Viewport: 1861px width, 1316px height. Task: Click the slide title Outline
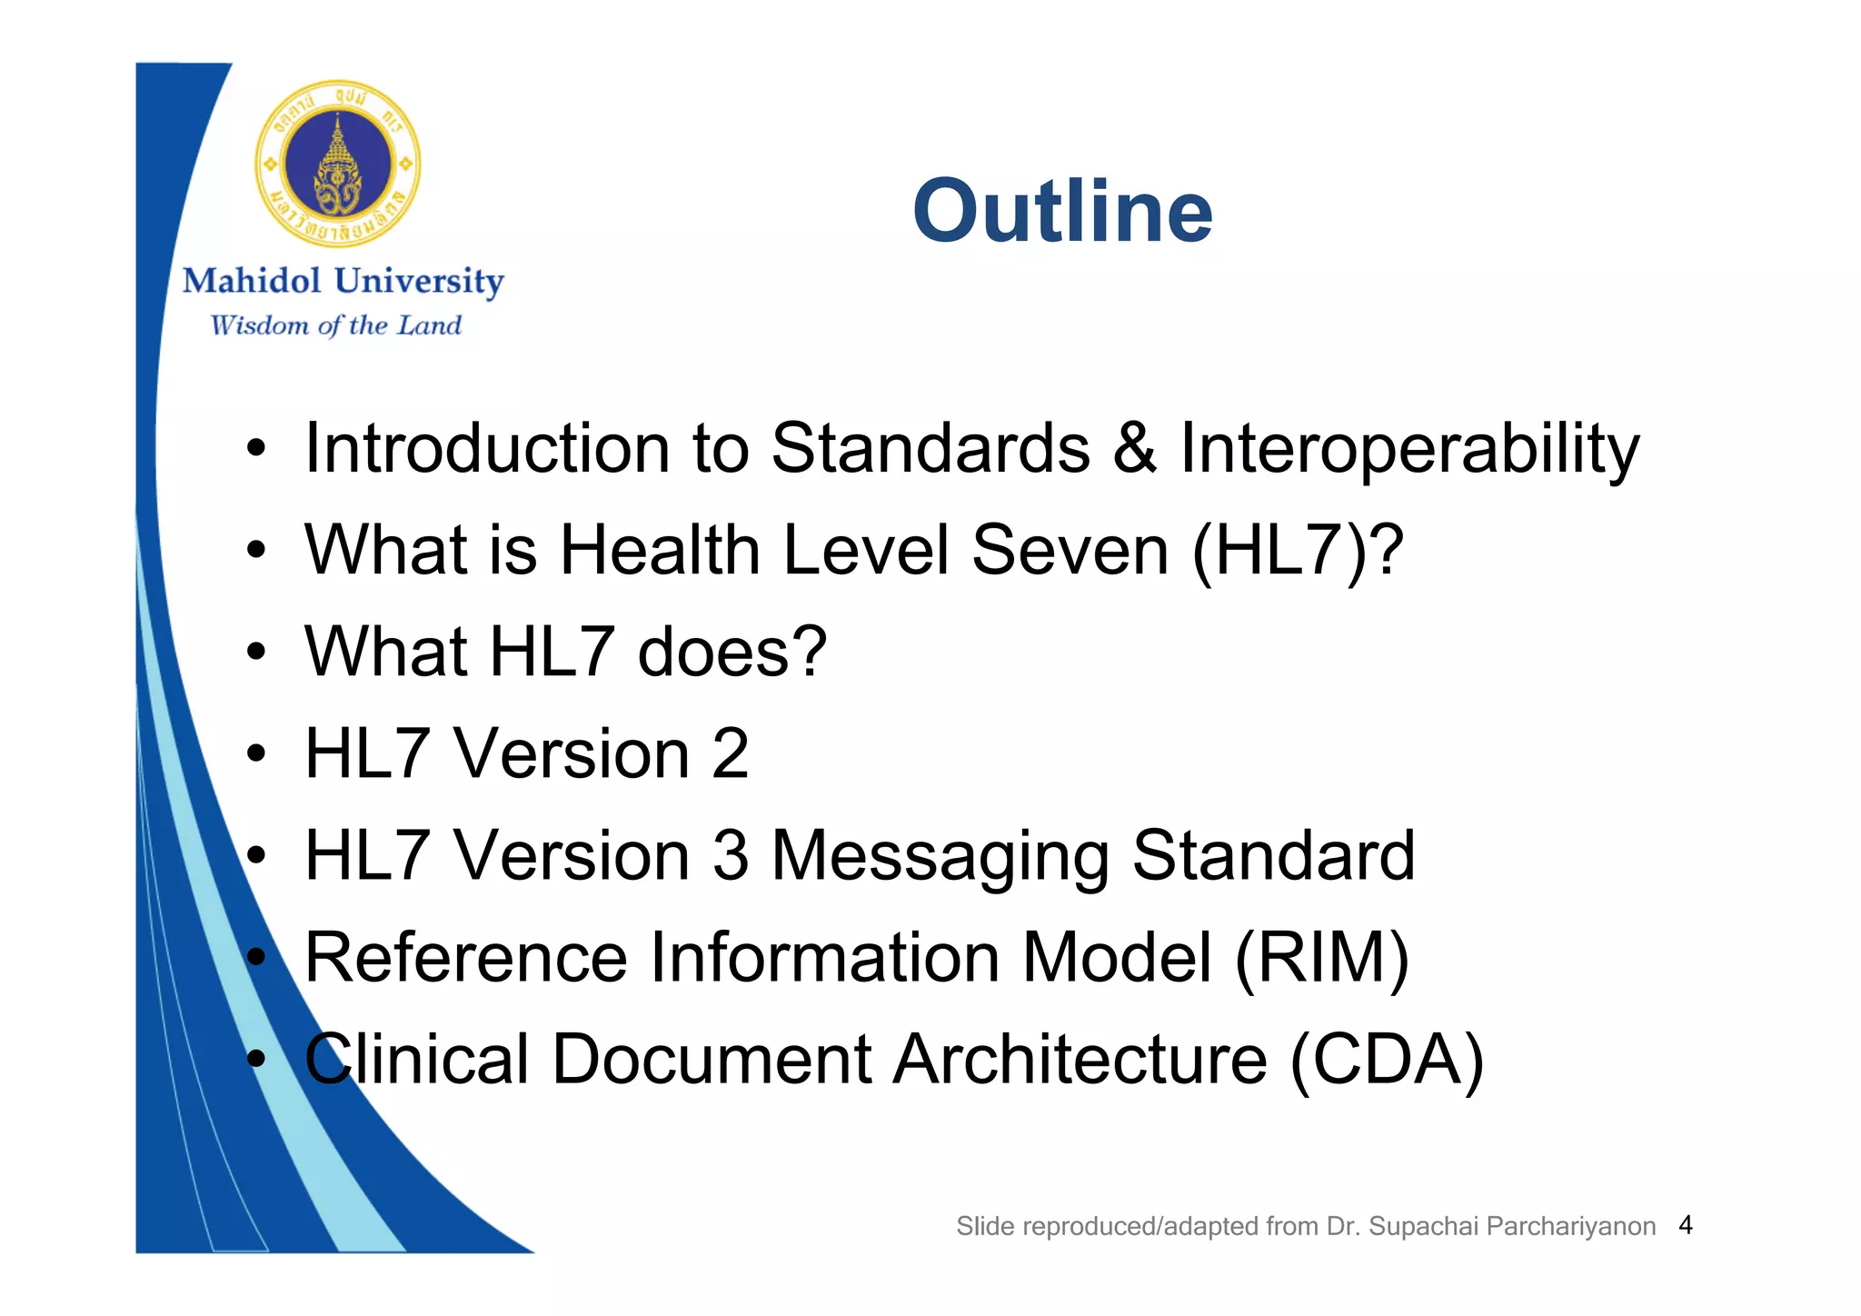(1062, 211)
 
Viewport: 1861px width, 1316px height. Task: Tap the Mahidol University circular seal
(337, 164)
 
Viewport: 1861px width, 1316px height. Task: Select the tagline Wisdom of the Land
(335, 325)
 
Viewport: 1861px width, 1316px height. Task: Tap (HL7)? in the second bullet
(1298, 551)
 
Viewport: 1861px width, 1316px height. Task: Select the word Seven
(1070, 551)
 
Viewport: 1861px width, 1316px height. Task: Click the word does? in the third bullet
(732, 652)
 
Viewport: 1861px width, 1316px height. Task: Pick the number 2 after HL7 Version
(730, 753)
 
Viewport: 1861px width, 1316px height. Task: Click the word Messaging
(940, 857)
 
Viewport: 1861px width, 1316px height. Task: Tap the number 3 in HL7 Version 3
(730, 855)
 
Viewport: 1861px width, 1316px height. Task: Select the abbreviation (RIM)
(1321, 958)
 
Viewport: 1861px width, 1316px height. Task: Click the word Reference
(465, 958)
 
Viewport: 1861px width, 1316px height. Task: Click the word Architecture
(1080, 1060)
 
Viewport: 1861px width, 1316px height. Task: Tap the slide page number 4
(1686, 1225)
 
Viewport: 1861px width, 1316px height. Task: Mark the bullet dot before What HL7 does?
(257, 652)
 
